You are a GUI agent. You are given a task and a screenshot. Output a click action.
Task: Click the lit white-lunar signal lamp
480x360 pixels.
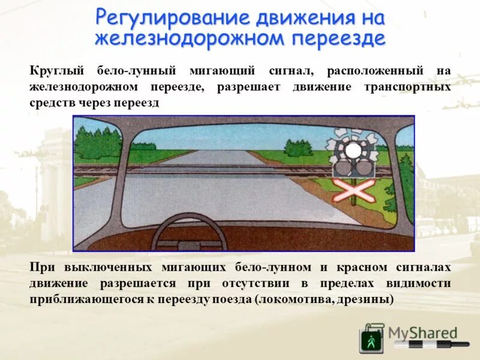[353, 150]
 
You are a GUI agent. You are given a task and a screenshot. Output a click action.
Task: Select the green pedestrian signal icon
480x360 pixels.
[371, 341]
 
